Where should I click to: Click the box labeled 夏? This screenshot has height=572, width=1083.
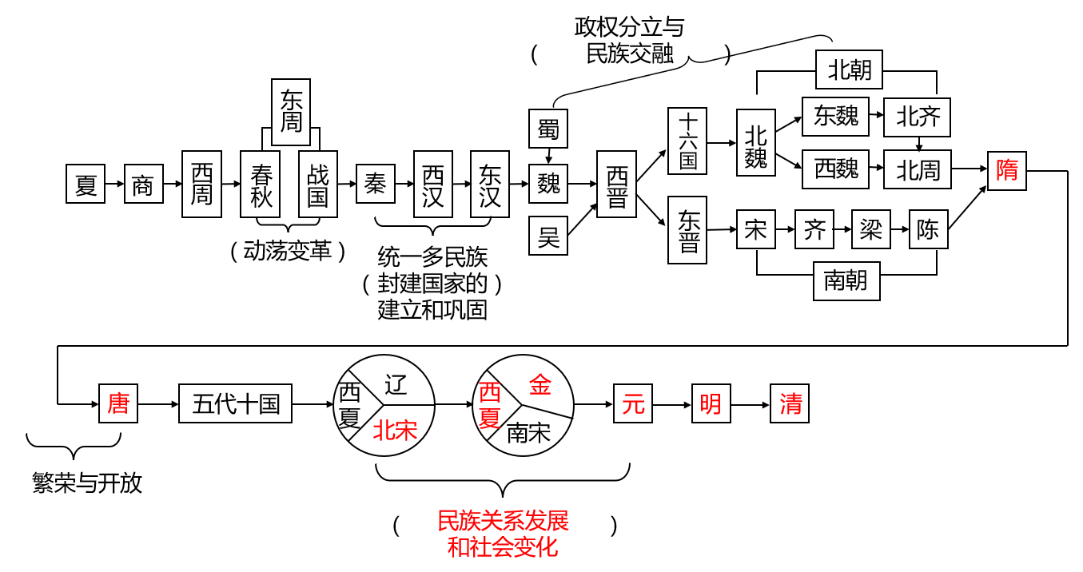86,184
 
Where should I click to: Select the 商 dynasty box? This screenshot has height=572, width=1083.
144,184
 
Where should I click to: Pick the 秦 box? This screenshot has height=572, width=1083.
376,184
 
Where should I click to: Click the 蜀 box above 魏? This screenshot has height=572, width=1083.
548,129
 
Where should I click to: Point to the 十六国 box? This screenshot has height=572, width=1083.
688,141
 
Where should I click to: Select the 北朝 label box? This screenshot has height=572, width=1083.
849,70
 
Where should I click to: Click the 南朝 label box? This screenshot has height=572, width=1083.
846,280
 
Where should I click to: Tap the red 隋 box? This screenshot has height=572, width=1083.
1007,170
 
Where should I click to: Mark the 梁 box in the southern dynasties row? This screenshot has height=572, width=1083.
871,230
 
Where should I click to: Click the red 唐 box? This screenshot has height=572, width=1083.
118,403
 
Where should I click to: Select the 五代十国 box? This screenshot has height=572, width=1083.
235,403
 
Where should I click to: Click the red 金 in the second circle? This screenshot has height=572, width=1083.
540,386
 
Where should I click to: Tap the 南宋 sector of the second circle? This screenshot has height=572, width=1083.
529,433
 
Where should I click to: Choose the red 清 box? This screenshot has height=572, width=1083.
790,403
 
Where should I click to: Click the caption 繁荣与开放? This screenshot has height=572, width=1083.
87,483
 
